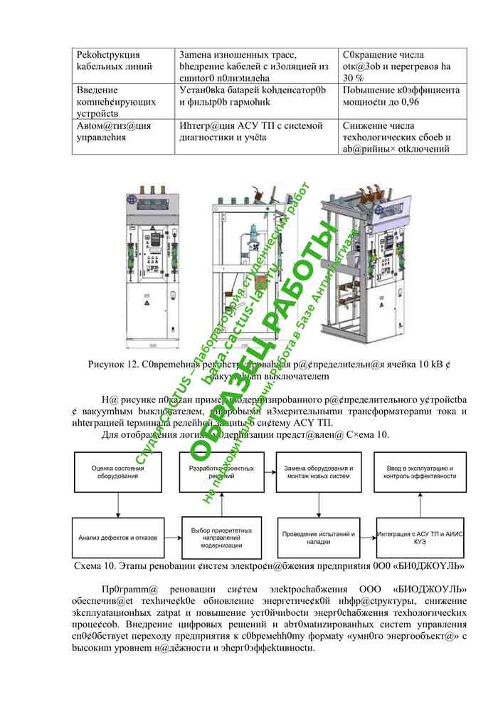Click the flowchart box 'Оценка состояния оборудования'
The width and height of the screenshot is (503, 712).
pos(117,471)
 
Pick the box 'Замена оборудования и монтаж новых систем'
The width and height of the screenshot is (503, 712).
pos(318,471)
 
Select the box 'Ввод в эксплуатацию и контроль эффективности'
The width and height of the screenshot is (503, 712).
pos(421,471)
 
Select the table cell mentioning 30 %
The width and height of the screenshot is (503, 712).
pos(403,66)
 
